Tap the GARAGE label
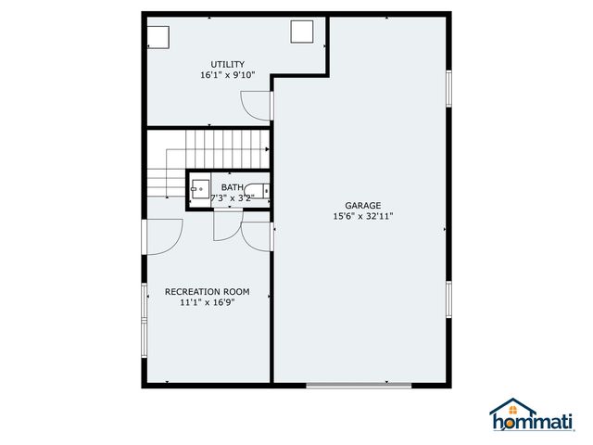point(363,206)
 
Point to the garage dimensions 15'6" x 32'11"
point(363,217)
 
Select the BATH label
point(232,187)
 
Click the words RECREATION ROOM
point(207,291)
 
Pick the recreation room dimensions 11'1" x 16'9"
point(207,302)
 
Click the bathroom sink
point(200,192)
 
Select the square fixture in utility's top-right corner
point(303,32)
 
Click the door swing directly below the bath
point(227,224)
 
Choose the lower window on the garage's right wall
point(448,301)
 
